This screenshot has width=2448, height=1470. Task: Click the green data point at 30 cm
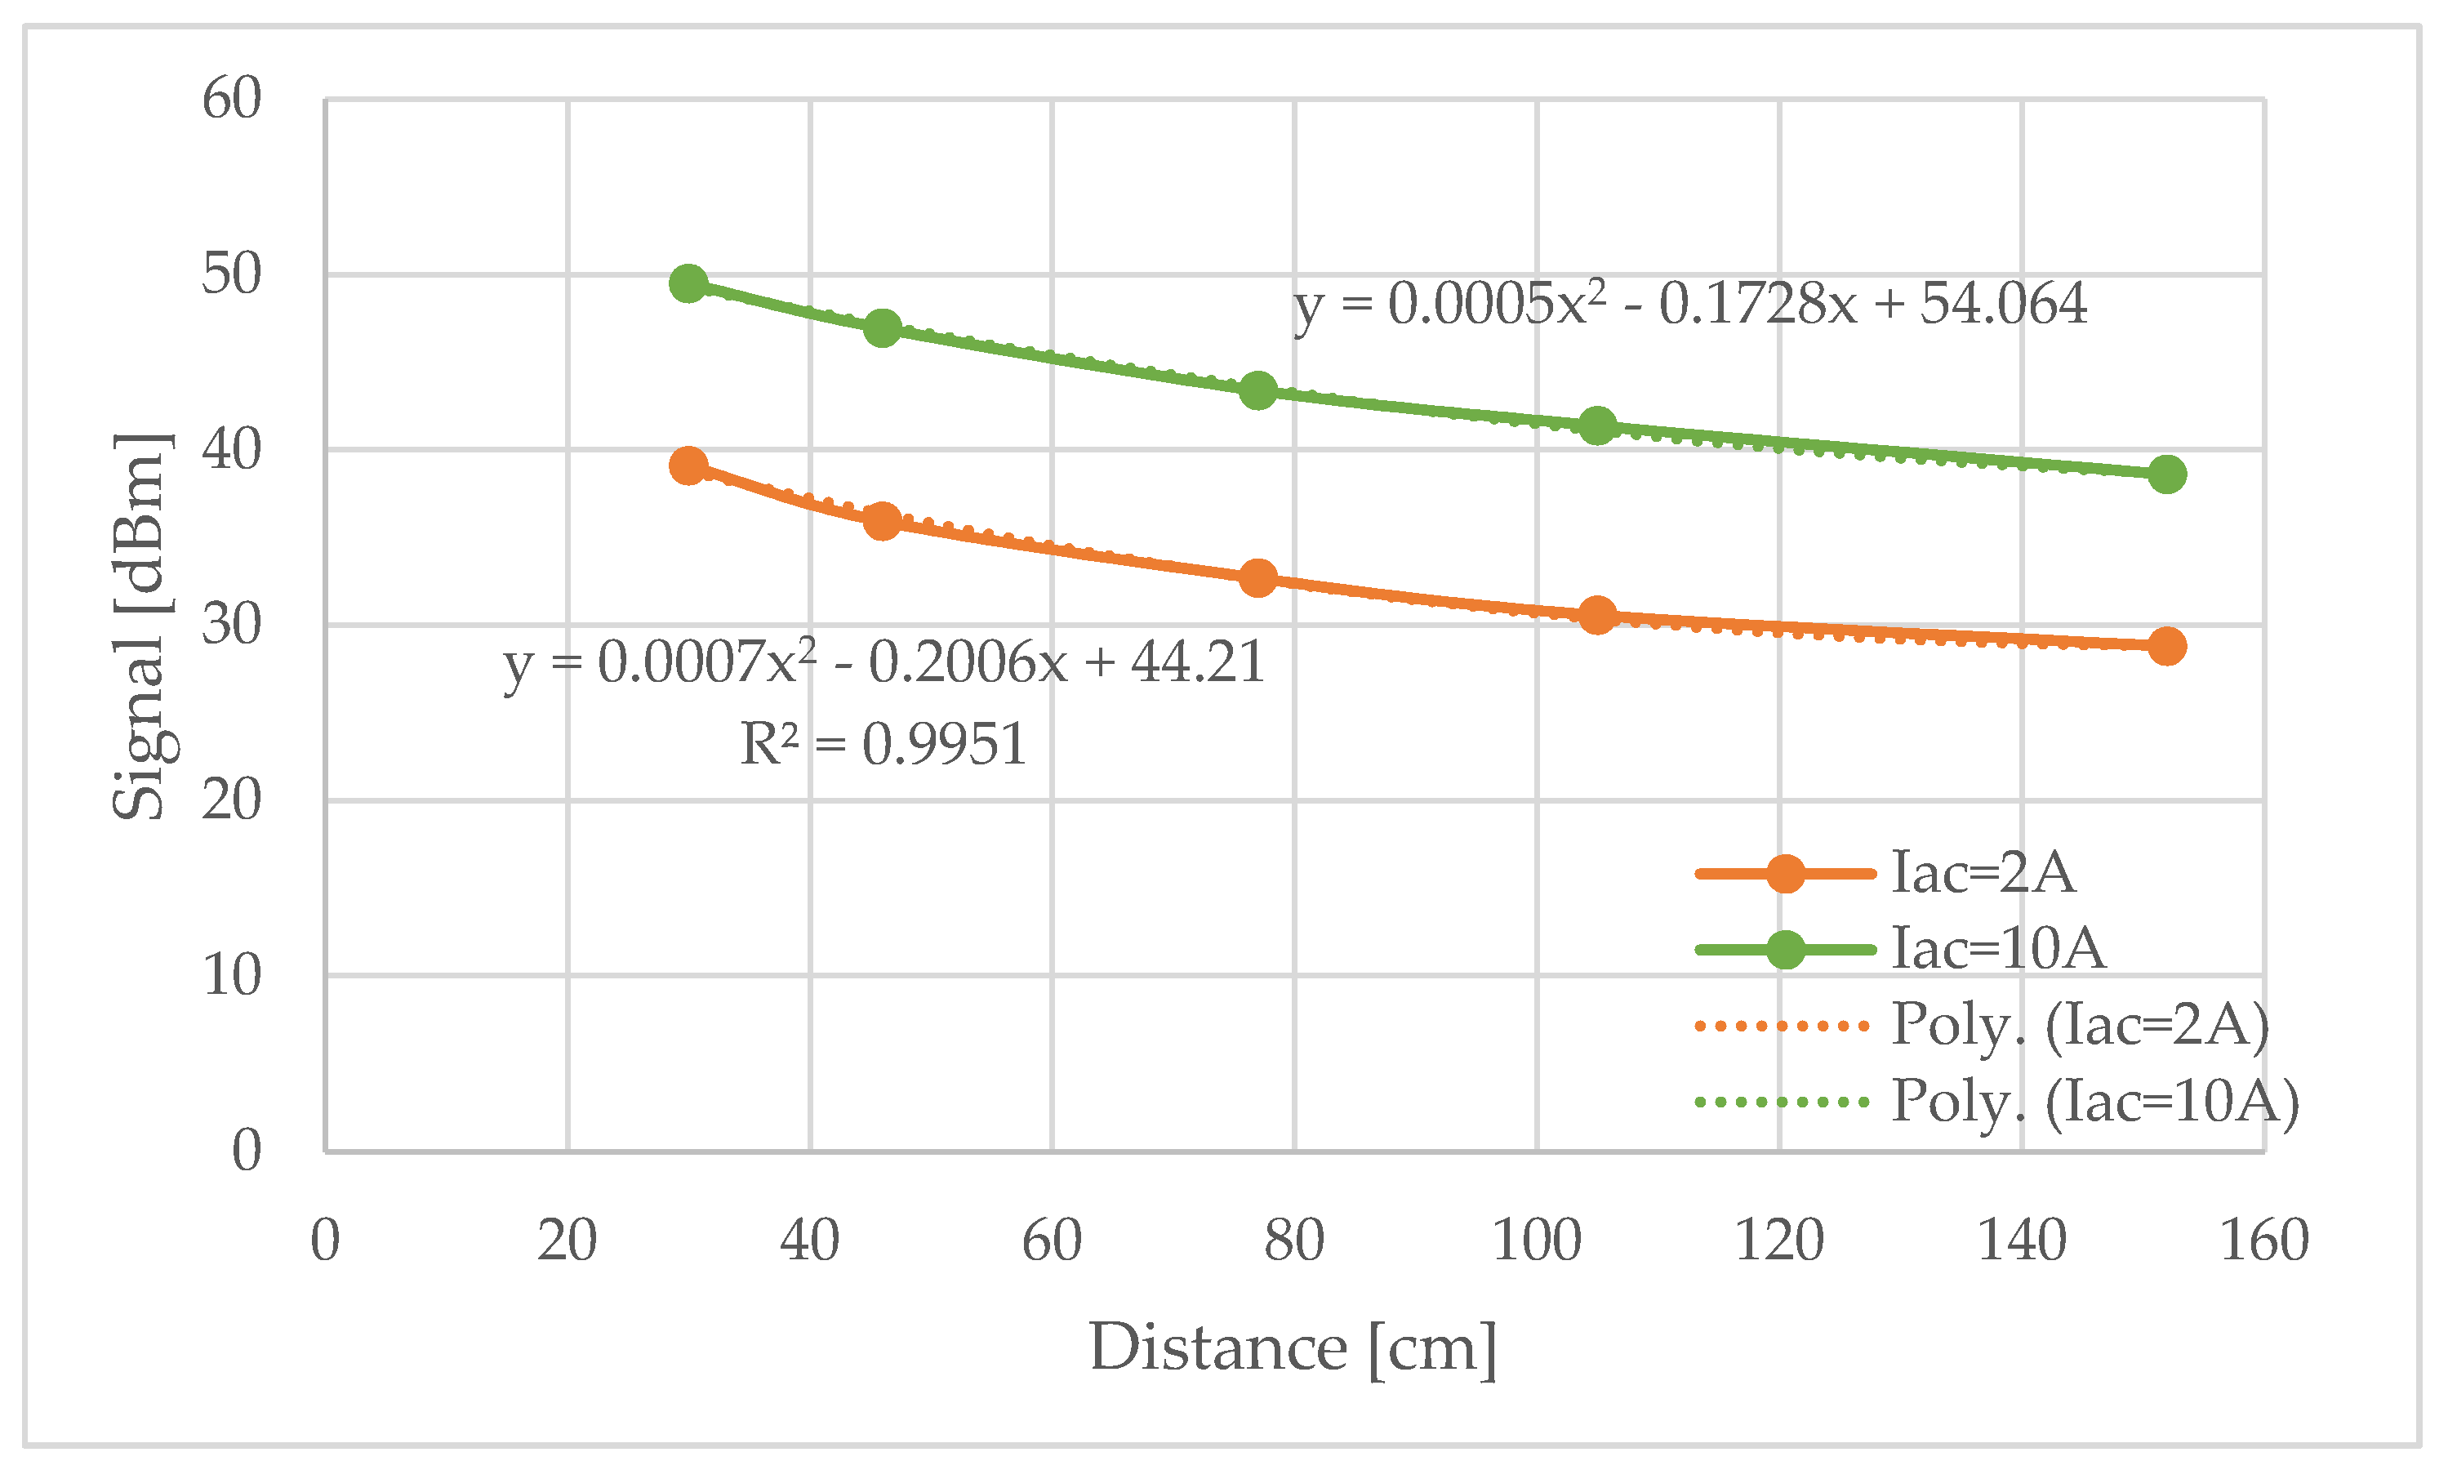point(688,284)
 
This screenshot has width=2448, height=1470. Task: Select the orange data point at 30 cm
point(688,465)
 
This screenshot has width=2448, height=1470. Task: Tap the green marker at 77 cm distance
point(1257,390)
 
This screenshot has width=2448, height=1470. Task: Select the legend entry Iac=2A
point(1983,874)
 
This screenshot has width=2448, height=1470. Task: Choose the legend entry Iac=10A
point(1997,949)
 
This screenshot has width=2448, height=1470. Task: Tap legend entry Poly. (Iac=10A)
point(2094,1101)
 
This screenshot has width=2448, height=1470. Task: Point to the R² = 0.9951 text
point(883,744)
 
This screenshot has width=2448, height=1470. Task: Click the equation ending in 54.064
point(1689,303)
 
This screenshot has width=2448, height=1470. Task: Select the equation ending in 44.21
point(884,661)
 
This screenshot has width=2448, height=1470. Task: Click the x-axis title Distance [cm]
point(1293,1348)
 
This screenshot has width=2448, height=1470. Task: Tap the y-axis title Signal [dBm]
point(140,626)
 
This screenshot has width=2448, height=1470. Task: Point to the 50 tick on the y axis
point(231,274)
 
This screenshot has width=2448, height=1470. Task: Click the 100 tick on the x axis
point(1536,1241)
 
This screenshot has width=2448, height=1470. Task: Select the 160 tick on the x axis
point(2263,1241)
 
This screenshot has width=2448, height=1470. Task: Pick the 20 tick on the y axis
point(231,800)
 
